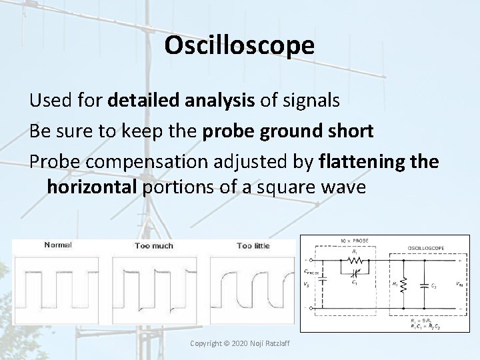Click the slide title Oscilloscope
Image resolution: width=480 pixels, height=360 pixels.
click(239, 45)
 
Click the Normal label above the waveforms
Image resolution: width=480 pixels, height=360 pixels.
click(59, 245)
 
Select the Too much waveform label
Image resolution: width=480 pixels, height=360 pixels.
click(153, 245)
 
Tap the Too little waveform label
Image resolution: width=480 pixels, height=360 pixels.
click(253, 245)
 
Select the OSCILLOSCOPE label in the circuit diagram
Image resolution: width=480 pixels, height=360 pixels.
click(425, 247)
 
